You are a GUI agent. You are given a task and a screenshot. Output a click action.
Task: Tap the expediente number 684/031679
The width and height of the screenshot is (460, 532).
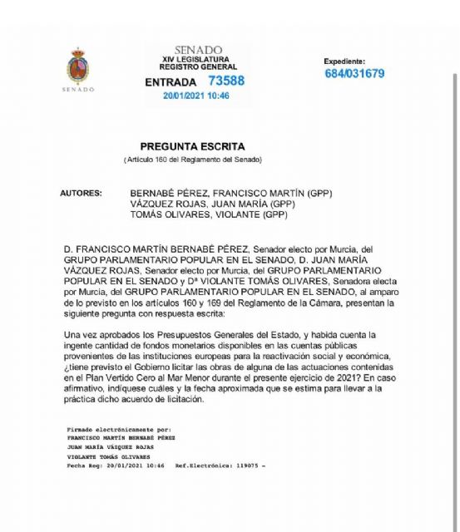354,73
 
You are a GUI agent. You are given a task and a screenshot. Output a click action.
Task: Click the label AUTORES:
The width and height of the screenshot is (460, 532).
82,193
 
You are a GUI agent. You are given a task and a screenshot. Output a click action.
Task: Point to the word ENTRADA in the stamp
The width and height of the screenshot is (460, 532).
171,82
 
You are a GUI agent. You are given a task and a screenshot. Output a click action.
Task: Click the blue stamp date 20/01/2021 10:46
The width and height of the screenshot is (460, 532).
196,96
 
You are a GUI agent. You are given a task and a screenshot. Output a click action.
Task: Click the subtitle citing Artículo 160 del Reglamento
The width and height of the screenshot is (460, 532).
193,159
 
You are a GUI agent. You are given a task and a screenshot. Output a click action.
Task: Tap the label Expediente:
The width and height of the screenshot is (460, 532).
344,61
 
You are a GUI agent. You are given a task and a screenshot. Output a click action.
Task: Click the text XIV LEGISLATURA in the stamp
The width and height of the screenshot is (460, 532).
199,59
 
